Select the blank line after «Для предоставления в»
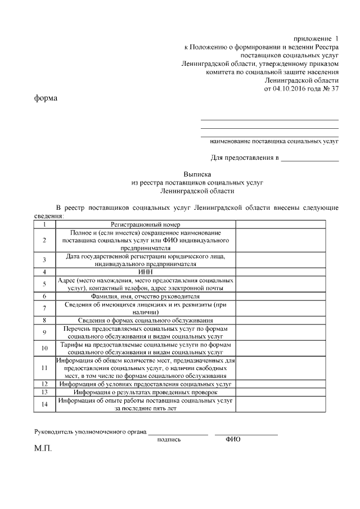(x=310, y=159)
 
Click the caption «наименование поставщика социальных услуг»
(x=274, y=141)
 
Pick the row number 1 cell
(x=44, y=224)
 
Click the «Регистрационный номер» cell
(x=145, y=224)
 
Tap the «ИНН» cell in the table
(x=145, y=272)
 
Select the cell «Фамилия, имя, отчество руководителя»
(x=145, y=296)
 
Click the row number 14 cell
(x=44, y=404)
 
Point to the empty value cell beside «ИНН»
(x=287, y=272)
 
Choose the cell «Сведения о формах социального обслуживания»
(x=145, y=320)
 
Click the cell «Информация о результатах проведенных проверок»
(x=145, y=392)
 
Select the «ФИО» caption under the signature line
(x=233, y=439)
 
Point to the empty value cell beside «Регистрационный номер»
(x=287, y=224)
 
